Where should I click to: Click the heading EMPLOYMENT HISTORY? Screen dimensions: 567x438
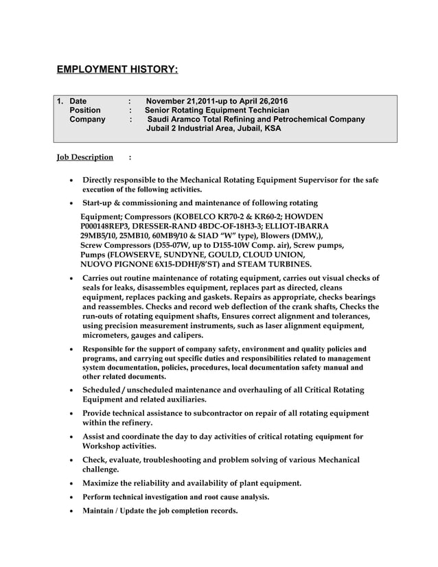click(117, 69)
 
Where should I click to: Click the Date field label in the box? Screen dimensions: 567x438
click(78, 100)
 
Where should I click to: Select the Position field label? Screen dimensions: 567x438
click(85, 110)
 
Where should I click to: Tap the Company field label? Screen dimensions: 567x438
click(87, 119)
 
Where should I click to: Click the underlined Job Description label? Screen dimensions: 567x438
click(84, 157)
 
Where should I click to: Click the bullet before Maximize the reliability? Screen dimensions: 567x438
click(73, 484)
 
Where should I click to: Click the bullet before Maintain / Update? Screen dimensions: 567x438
click(73, 511)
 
